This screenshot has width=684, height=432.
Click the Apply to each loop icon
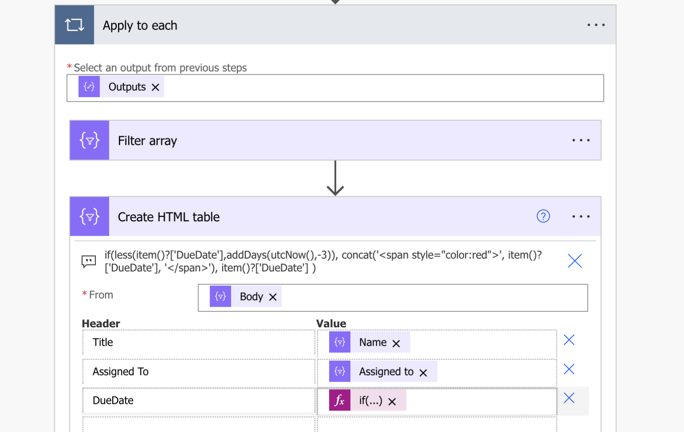pyautogui.click(x=74, y=25)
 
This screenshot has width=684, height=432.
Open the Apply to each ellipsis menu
pyautogui.click(x=596, y=25)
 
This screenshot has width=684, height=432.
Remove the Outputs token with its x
pyautogui.click(x=155, y=87)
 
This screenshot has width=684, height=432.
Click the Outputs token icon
pyautogui.click(x=89, y=87)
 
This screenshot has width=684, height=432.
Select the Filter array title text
pyautogui.click(x=147, y=141)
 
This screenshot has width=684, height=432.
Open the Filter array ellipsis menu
pyautogui.click(x=581, y=140)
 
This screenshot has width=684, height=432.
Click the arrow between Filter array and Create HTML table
pyautogui.click(x=335, y=178)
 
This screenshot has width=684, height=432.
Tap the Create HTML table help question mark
pyautogui.click(x=543, y=216)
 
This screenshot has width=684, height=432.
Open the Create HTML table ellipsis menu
pyautogui.click(x=581, y=216)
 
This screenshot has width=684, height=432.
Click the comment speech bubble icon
pyautogui.click(x=89, y=261)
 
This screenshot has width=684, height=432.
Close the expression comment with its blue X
pyautogui.click(x=575, y=261)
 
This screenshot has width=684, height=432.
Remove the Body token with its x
pyautogui.click(x=273, y=297)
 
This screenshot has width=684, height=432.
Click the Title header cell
pyautogui.click(x=199, y=342)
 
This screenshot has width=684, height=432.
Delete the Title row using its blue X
pyautogui.click(x=569, y=340)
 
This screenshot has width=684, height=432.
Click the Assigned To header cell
pyautogui.click(x=199, y=371)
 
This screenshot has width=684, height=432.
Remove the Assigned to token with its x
pyautogui.click(x=423, y=372)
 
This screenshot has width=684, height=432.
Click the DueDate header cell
pyautogui.click(x=199, y=400)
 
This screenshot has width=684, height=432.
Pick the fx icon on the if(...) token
pyautogui.click(x=340, y=400)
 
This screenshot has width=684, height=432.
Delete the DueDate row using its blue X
pyautogui.click(x=569, y=398)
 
